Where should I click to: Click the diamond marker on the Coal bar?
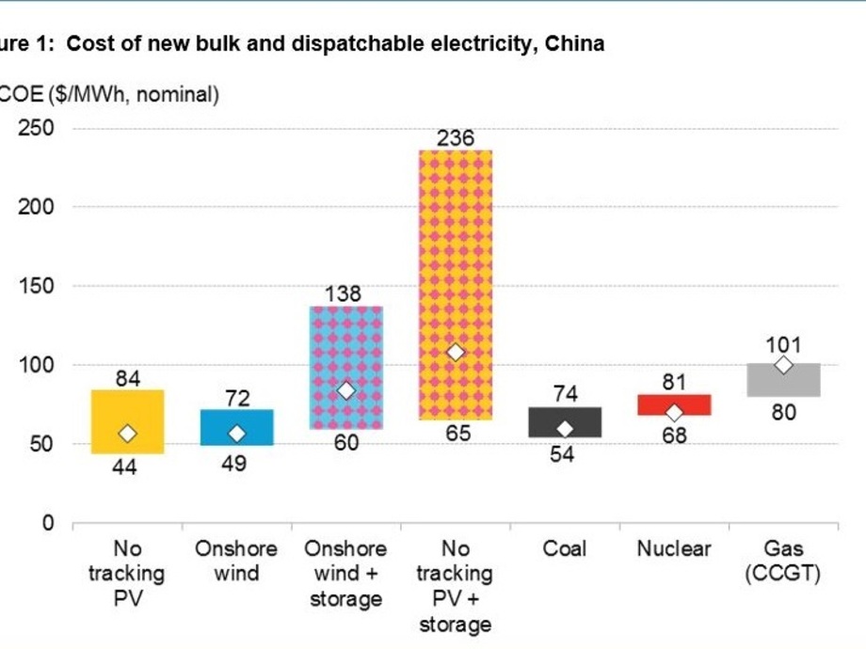pyautogui.click(x=565, y=429)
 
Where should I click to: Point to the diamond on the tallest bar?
pyautogui.click(x=456, y=352)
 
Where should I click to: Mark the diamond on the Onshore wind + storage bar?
pyautogui.click(x=346, y=390)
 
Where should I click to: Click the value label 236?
pyautogui.click(x=456, y=138)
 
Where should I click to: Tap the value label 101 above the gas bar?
pyautogui.click(x=783, y=345)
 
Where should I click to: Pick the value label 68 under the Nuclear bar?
pyautogui.click(x=674, y=435)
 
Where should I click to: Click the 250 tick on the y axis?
pyautogui.click(x=37, y=129)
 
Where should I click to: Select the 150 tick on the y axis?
pyautogui.click(x=37, y=287)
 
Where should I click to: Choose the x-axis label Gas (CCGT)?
pyautogui.click(x=783, y=562)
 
